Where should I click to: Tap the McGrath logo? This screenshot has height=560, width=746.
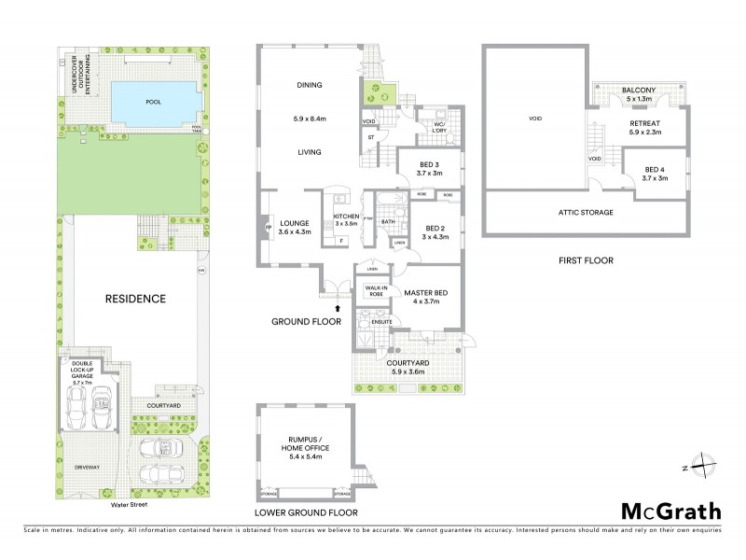coord(671,511)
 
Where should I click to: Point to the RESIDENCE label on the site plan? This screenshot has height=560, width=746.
coord(134,299)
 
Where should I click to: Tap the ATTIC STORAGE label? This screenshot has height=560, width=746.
coord(586,213)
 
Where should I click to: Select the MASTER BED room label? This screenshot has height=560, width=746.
coord(426,293)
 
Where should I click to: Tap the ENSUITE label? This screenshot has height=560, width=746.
coord(381,322)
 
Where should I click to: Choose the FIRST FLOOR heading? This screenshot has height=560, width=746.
coord(586,260)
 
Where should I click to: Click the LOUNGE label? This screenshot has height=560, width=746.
coord(293,223)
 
